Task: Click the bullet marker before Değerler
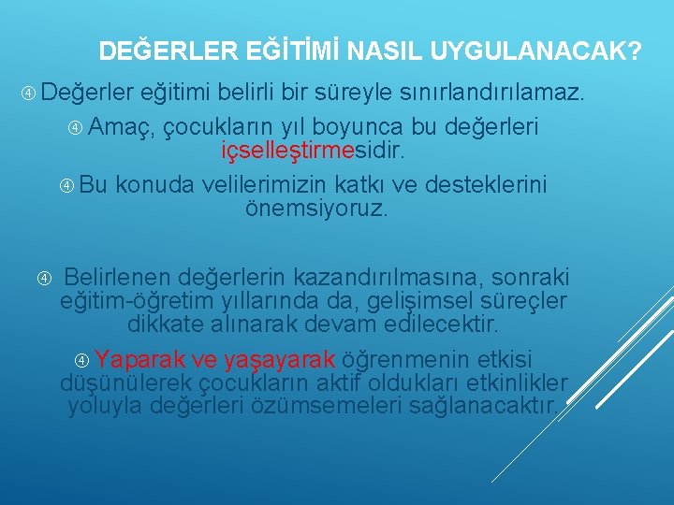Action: point(30,94)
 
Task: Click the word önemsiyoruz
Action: point(315,208)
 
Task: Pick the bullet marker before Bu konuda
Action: point(66,185)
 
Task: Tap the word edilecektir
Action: point(442,325)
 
